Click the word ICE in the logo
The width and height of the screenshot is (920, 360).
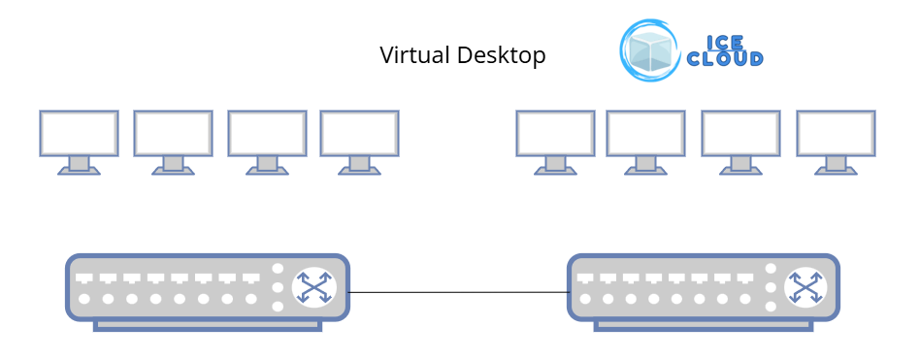tap(725, 43)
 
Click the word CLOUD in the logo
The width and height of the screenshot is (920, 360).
tap(725, 59)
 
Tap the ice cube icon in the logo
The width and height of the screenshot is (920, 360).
tap(650, 50)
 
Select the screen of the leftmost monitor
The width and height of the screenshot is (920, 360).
tap(79, 133)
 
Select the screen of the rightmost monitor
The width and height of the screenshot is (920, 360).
tap(836, 133)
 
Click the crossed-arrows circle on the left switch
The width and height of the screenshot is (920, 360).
tap(313, 287)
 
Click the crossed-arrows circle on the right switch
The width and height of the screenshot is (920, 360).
tap(805, 287)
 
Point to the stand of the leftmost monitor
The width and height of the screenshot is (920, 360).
tap(79, 165)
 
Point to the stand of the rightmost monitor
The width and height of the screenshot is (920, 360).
tap(836, 165)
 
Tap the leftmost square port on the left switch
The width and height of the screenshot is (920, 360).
tap(84, 278)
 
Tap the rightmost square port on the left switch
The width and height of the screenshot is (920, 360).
tap(251, 278)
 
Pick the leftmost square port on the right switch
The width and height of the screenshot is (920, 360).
tap(585, 278)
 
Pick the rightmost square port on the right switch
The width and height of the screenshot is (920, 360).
tap(745, 278)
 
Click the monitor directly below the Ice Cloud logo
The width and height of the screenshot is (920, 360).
tap(645, 133)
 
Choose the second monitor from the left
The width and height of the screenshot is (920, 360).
tap(173, 133)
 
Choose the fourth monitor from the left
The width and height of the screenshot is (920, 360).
tap(359, 133)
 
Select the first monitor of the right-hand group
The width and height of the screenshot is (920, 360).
tap(555, 133)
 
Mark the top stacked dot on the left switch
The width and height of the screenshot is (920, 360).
tap(278, 269)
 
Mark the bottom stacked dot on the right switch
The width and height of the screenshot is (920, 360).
tap(771, 306)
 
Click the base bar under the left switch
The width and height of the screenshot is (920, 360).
tap(208, 326)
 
